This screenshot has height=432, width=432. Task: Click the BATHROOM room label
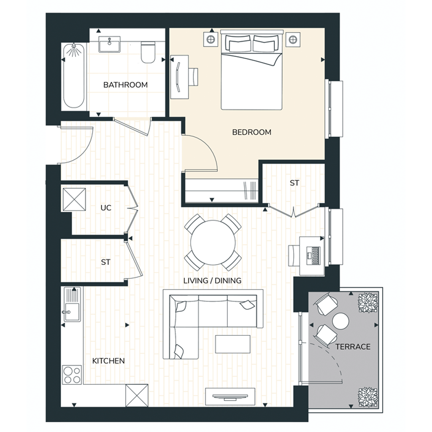125,85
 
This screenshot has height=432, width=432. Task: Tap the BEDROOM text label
251,132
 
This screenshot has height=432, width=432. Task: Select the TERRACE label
353,347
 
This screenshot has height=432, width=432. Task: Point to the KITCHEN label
108,361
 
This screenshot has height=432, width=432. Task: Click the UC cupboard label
106,208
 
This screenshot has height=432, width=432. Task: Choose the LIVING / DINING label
212,281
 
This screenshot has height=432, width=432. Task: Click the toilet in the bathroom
148,52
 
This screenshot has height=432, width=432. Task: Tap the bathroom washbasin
109,44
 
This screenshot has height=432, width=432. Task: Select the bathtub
73,76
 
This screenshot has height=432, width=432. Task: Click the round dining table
213,243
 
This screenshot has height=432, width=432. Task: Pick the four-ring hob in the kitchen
72,375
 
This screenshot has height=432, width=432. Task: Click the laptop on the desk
313,256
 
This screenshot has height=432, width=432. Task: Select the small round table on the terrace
340,321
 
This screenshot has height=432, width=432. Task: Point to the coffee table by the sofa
233,344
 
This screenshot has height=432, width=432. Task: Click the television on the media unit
230,397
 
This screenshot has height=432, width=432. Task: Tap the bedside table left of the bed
211,39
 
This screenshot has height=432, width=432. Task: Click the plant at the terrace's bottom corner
367,397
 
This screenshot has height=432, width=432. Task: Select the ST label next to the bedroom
294,183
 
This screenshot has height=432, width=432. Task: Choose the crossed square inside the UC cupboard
74,200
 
